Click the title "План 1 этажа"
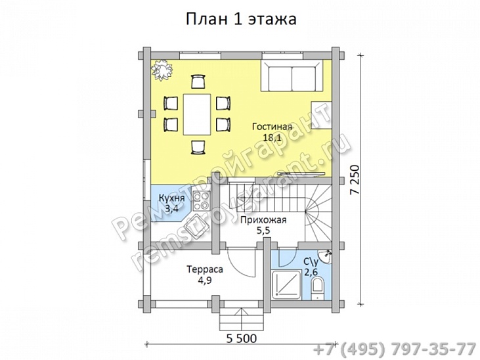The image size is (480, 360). (241, 19)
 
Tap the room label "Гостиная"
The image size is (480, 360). (273, 127)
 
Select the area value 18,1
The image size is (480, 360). (272, 138)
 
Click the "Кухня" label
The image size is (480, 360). (172, 198)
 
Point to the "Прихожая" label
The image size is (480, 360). (263, 220)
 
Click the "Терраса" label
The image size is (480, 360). (205, 269)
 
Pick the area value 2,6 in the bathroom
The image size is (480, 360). (311, 271)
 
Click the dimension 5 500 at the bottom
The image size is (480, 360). (242, 338)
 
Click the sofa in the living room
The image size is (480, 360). (292, 76)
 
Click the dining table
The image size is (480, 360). (197, 114)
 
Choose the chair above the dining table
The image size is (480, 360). (198, 81)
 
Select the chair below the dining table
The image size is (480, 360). (198, 146)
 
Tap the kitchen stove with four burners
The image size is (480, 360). (202, 200)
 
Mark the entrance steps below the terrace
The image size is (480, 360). (242, 319)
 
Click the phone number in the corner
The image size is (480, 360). (395, 349)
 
